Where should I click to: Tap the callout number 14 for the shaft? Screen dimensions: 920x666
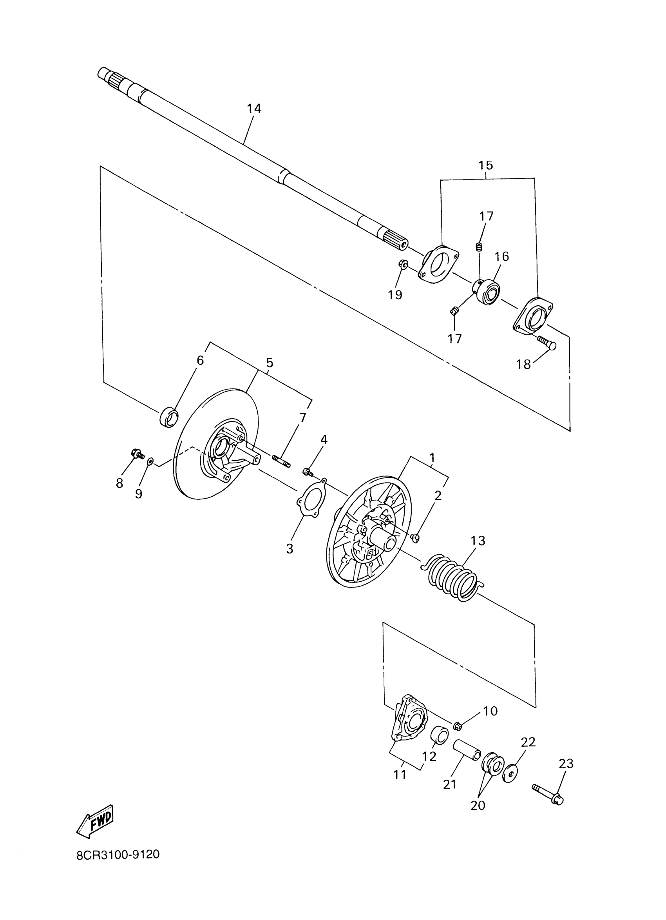coord(254,109)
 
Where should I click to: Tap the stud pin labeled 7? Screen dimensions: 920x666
coord(281,462)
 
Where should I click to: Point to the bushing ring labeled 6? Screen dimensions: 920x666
coord(169,418)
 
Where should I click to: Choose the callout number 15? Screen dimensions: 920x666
coord(485,165)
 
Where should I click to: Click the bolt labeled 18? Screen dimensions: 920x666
coord(547,342)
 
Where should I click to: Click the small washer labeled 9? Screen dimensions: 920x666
coord(150,461)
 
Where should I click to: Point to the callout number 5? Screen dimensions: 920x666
coord(270,363)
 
